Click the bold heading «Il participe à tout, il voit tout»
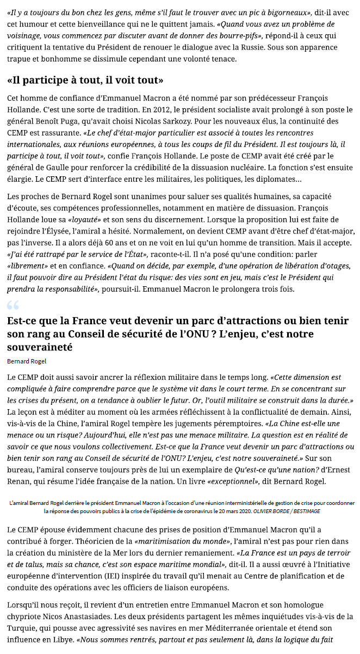(85, 81)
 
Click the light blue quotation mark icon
(13, 305)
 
